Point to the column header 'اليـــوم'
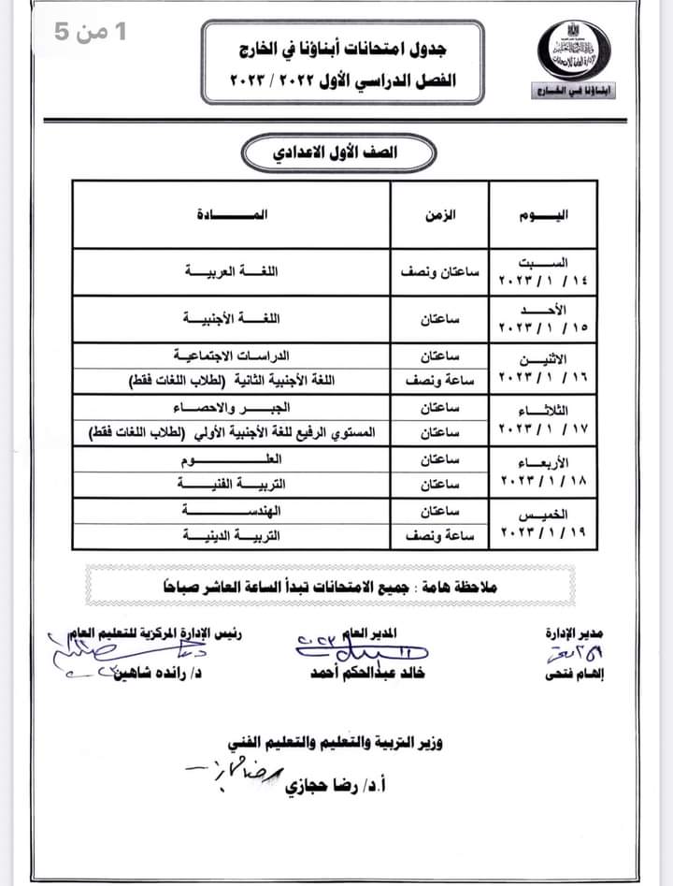tap(543, 215)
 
